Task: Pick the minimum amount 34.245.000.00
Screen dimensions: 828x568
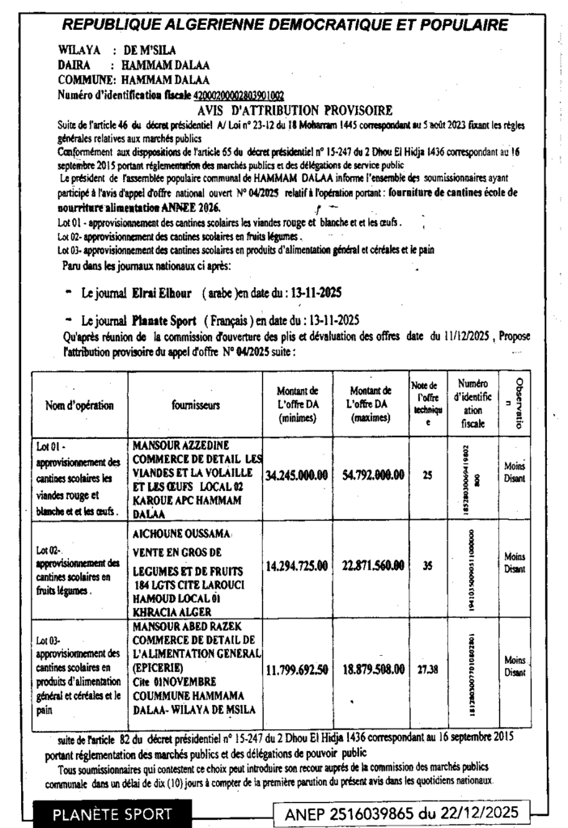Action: pos(296,475)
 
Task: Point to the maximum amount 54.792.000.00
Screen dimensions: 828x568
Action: pos(373,475)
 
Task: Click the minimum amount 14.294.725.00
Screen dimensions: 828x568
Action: pos(296,567)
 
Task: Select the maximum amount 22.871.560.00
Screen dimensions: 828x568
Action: pos(373,567)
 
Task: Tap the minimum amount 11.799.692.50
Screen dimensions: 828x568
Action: pos(296,670)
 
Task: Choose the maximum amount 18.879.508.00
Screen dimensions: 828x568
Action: pos(373,670)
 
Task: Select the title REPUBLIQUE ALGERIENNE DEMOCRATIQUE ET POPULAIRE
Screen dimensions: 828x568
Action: pos(285,25)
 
